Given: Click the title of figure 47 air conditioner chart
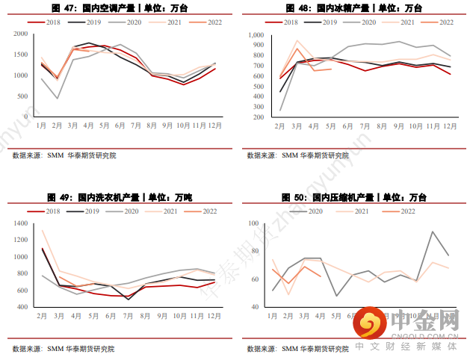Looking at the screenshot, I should [119, 7].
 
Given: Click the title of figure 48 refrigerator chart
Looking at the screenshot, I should [354, 7].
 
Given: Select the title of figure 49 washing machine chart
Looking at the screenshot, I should [119, 198].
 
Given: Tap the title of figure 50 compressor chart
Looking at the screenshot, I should [354, 198].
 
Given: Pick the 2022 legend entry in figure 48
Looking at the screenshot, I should [439, 22].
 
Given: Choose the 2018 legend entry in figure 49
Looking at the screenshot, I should [46, 212].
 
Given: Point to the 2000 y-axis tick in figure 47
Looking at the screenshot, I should [21, 35].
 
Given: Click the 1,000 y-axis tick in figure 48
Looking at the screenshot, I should [255, 35].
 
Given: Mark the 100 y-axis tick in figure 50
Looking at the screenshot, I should [253, 224].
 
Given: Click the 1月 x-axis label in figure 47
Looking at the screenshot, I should [41, 126].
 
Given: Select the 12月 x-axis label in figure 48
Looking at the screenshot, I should [450, 126].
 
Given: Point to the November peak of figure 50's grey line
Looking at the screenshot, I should [433, 232].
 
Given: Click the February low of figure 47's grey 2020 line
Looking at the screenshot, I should [58, 98].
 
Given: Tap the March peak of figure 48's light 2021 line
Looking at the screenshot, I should [297, 41].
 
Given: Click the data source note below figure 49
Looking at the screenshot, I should [64, 348].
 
